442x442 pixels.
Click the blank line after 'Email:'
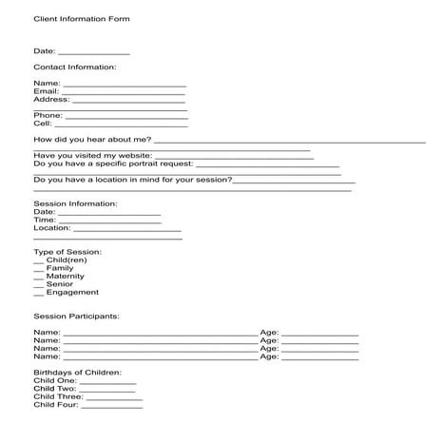[x=117, y=92]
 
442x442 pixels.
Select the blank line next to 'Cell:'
[x=122, y=125]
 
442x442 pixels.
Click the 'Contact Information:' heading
[x=74, y=67]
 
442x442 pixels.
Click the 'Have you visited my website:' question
[x=92, y=155]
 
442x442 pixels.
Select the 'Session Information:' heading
[x=75, y=203]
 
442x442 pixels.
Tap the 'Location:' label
[x=51, y=228]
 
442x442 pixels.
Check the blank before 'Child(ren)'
[x=39, y=261]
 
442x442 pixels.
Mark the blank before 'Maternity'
[x=39, y=277]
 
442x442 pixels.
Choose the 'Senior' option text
[x=59, y=284]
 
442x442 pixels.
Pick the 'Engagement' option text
[x=72, y=293]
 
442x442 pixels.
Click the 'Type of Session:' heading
[x=67, y=252]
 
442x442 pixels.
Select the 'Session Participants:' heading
[x=76, y=316]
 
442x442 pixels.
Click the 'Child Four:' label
[x=55, y=405]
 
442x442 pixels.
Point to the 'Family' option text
[x=59, y=269]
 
